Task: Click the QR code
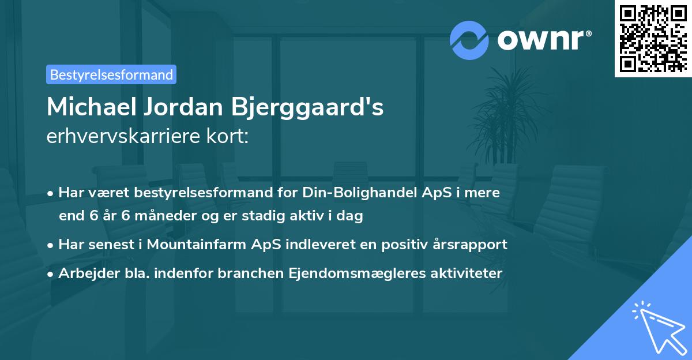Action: pos(653,38)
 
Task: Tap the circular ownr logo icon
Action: pos(469,40)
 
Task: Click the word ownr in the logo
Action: pos(544,41)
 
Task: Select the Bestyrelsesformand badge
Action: pos(111,74)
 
